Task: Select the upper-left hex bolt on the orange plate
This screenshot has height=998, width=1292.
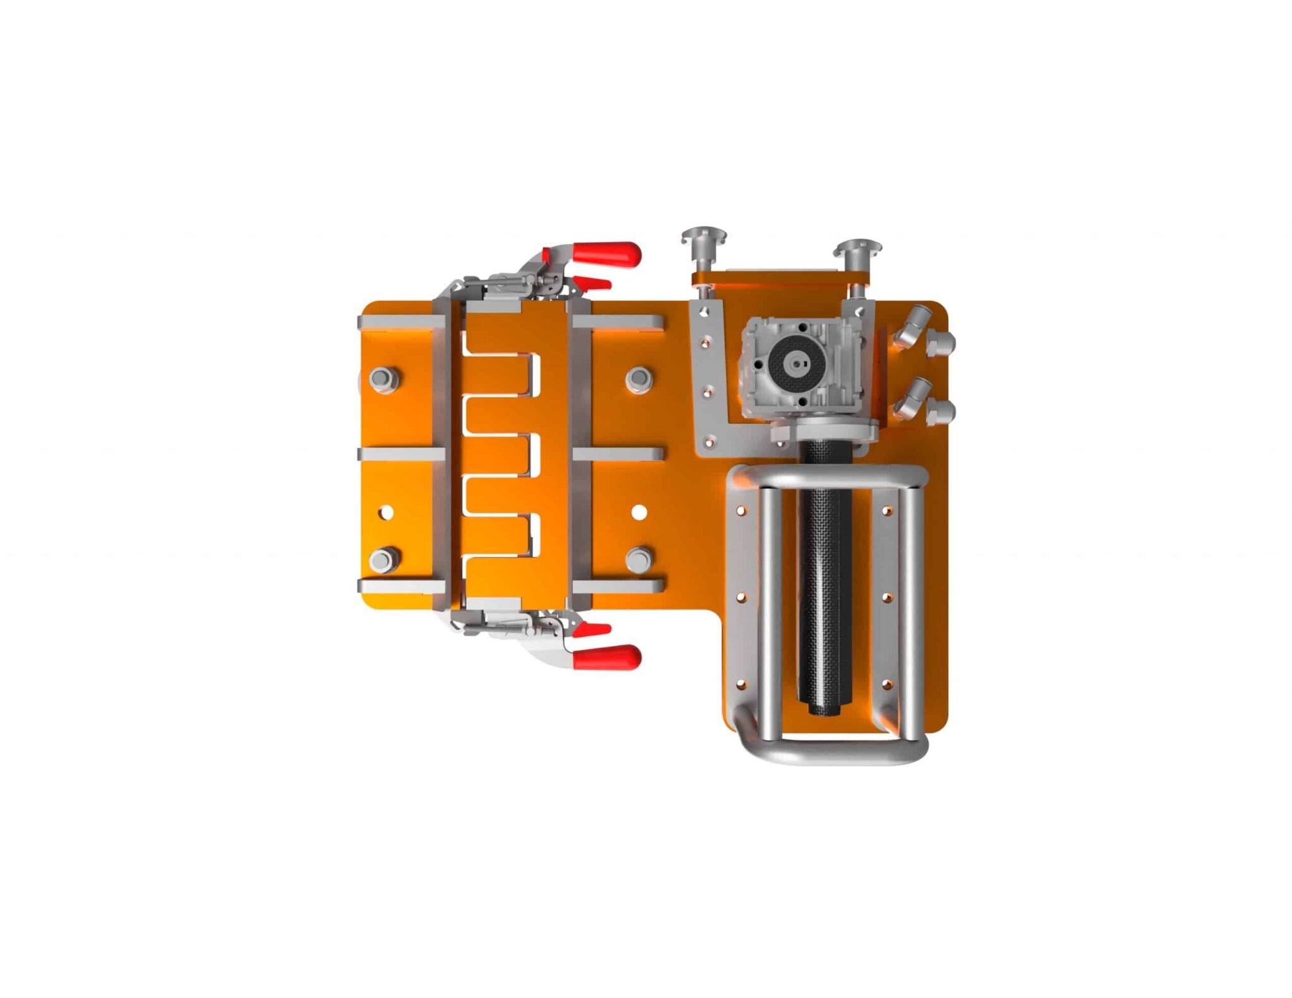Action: coord(380,379)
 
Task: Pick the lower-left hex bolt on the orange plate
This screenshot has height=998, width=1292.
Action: coord(380,560)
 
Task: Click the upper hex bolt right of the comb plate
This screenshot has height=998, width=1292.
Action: coord(638,379)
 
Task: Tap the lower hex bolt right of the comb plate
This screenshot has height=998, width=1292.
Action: coord(638,559)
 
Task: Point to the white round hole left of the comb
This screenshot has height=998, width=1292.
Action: coord(387,512)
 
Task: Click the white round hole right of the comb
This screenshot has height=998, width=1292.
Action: coord(639,512)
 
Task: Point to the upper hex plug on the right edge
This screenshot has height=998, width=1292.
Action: coord(940,344)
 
